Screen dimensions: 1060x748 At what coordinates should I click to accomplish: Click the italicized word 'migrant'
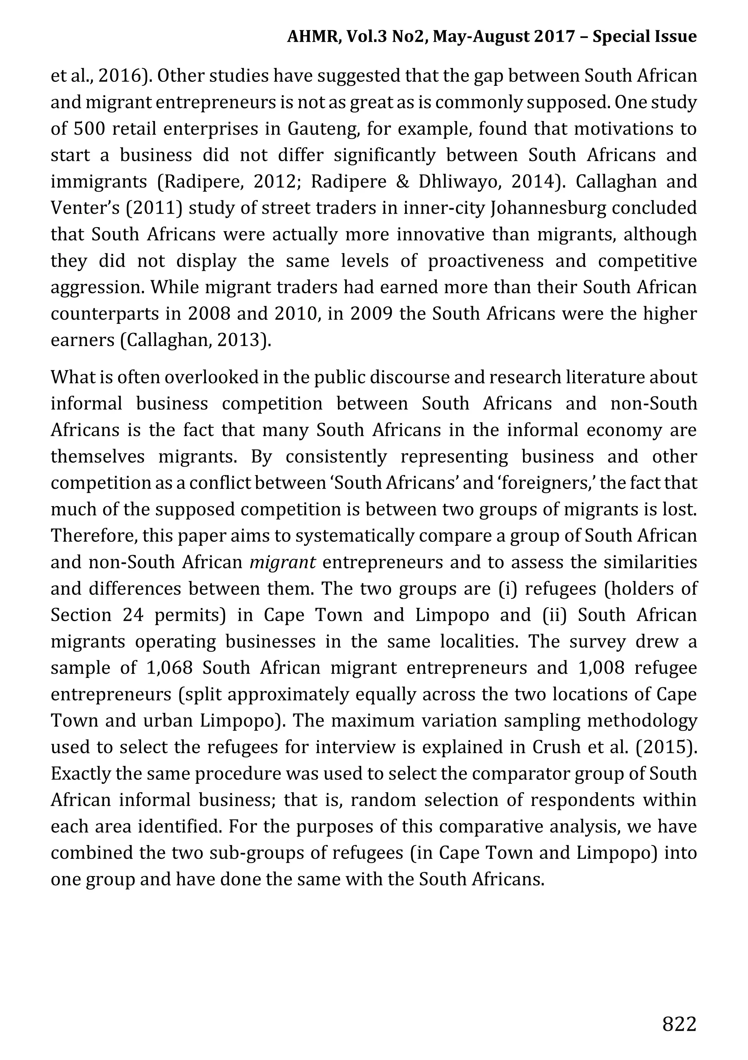pyautogui.click(x=282, y=562)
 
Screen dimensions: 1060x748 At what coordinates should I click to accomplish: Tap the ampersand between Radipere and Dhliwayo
pyautogui.click(x=402, y=182)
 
